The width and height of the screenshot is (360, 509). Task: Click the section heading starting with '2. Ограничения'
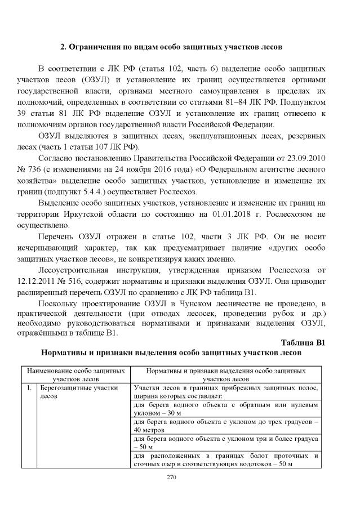(x=180, y=45)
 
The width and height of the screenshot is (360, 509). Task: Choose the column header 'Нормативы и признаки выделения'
(x=225, y=376)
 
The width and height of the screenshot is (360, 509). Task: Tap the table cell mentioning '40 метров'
(x=225, y=425)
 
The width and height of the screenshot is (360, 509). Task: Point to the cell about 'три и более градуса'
(x=225, y=442)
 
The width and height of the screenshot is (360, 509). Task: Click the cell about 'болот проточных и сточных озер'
(x=225, y=459)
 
